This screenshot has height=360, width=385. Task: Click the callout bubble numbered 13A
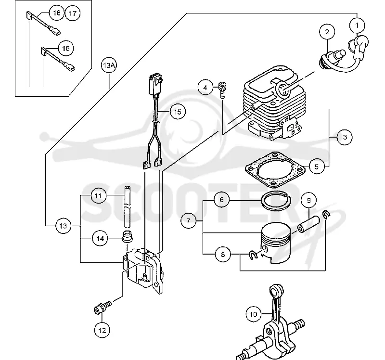point(109,65)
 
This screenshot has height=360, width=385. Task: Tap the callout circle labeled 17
point(73,13)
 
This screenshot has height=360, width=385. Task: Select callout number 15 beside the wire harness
point(178,112)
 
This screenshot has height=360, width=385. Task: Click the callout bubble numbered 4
point(205,88)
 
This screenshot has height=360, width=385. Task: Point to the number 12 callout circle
point(102,330)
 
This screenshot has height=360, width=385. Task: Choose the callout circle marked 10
point(254,314)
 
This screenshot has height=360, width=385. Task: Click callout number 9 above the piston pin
point(308,200)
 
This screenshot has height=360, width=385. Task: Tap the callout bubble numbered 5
point(317,167)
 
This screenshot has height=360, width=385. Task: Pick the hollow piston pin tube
point(308,224)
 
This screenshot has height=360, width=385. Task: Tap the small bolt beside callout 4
point(222,90)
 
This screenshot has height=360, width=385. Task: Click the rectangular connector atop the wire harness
point(155,84)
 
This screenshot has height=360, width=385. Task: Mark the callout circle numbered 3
point(345,137)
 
